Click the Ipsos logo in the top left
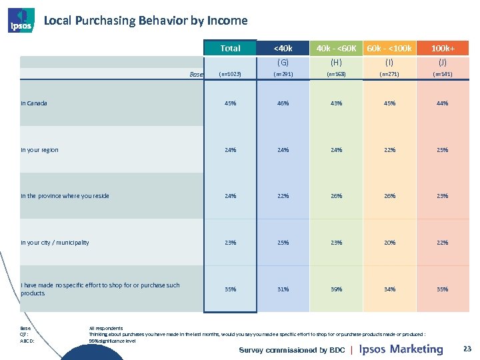pos(20,20)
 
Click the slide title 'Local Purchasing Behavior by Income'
pos(145,21)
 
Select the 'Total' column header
pos(230,48)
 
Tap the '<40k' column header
pos(283,48)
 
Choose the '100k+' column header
pos(443,48)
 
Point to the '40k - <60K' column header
pos(336,48)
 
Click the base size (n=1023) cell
pos(230,74)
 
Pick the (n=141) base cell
pos(443,74)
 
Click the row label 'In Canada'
pos(34,103)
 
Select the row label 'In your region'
pos(39,150)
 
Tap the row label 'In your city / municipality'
pos(55,243)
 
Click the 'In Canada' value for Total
pos(230,103)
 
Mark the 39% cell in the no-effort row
pos(336,289)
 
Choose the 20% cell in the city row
pos(389,243)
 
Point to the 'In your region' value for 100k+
pos(443,150)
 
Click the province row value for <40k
pos(283,196)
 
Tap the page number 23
pos(467,349)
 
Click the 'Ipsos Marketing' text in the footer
pos(401,349)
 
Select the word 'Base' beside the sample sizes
pos(196,75)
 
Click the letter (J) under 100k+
pos(443,62)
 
